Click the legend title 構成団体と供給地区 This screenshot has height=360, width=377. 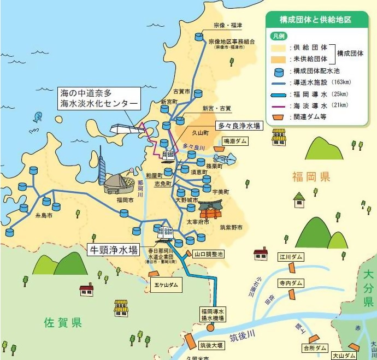point(315,19)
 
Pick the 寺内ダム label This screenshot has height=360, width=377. point(290,284)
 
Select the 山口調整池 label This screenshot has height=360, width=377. point(208,255)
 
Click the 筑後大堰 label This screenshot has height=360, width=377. point(210,345)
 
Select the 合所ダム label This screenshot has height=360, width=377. point(314,347)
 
